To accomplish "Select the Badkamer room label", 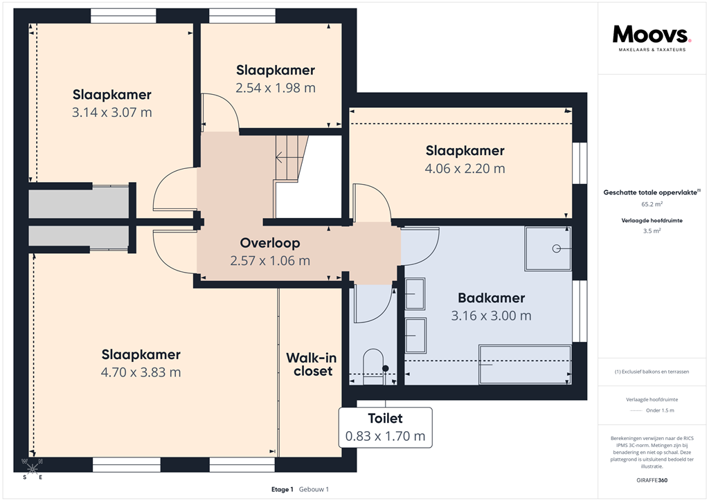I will click(491, 298).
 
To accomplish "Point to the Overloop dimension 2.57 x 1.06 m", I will click(270, 261).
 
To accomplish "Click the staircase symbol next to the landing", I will click(290, 158).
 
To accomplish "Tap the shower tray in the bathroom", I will click(548, 248).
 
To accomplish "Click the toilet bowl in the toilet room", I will click(374, 365).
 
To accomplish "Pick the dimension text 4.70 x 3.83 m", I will click(141, 372).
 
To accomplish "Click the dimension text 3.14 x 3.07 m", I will click(112, 112).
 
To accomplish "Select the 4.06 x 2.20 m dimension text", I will click(465, 168).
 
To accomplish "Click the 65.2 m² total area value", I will click(652, 205).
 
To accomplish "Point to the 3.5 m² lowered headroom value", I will click(652, 232).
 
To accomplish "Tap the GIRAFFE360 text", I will click(652, 480).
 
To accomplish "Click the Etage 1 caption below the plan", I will click(282, 489).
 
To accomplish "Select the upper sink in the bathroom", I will click(415, 293).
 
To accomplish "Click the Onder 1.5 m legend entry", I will click(659, 410).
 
